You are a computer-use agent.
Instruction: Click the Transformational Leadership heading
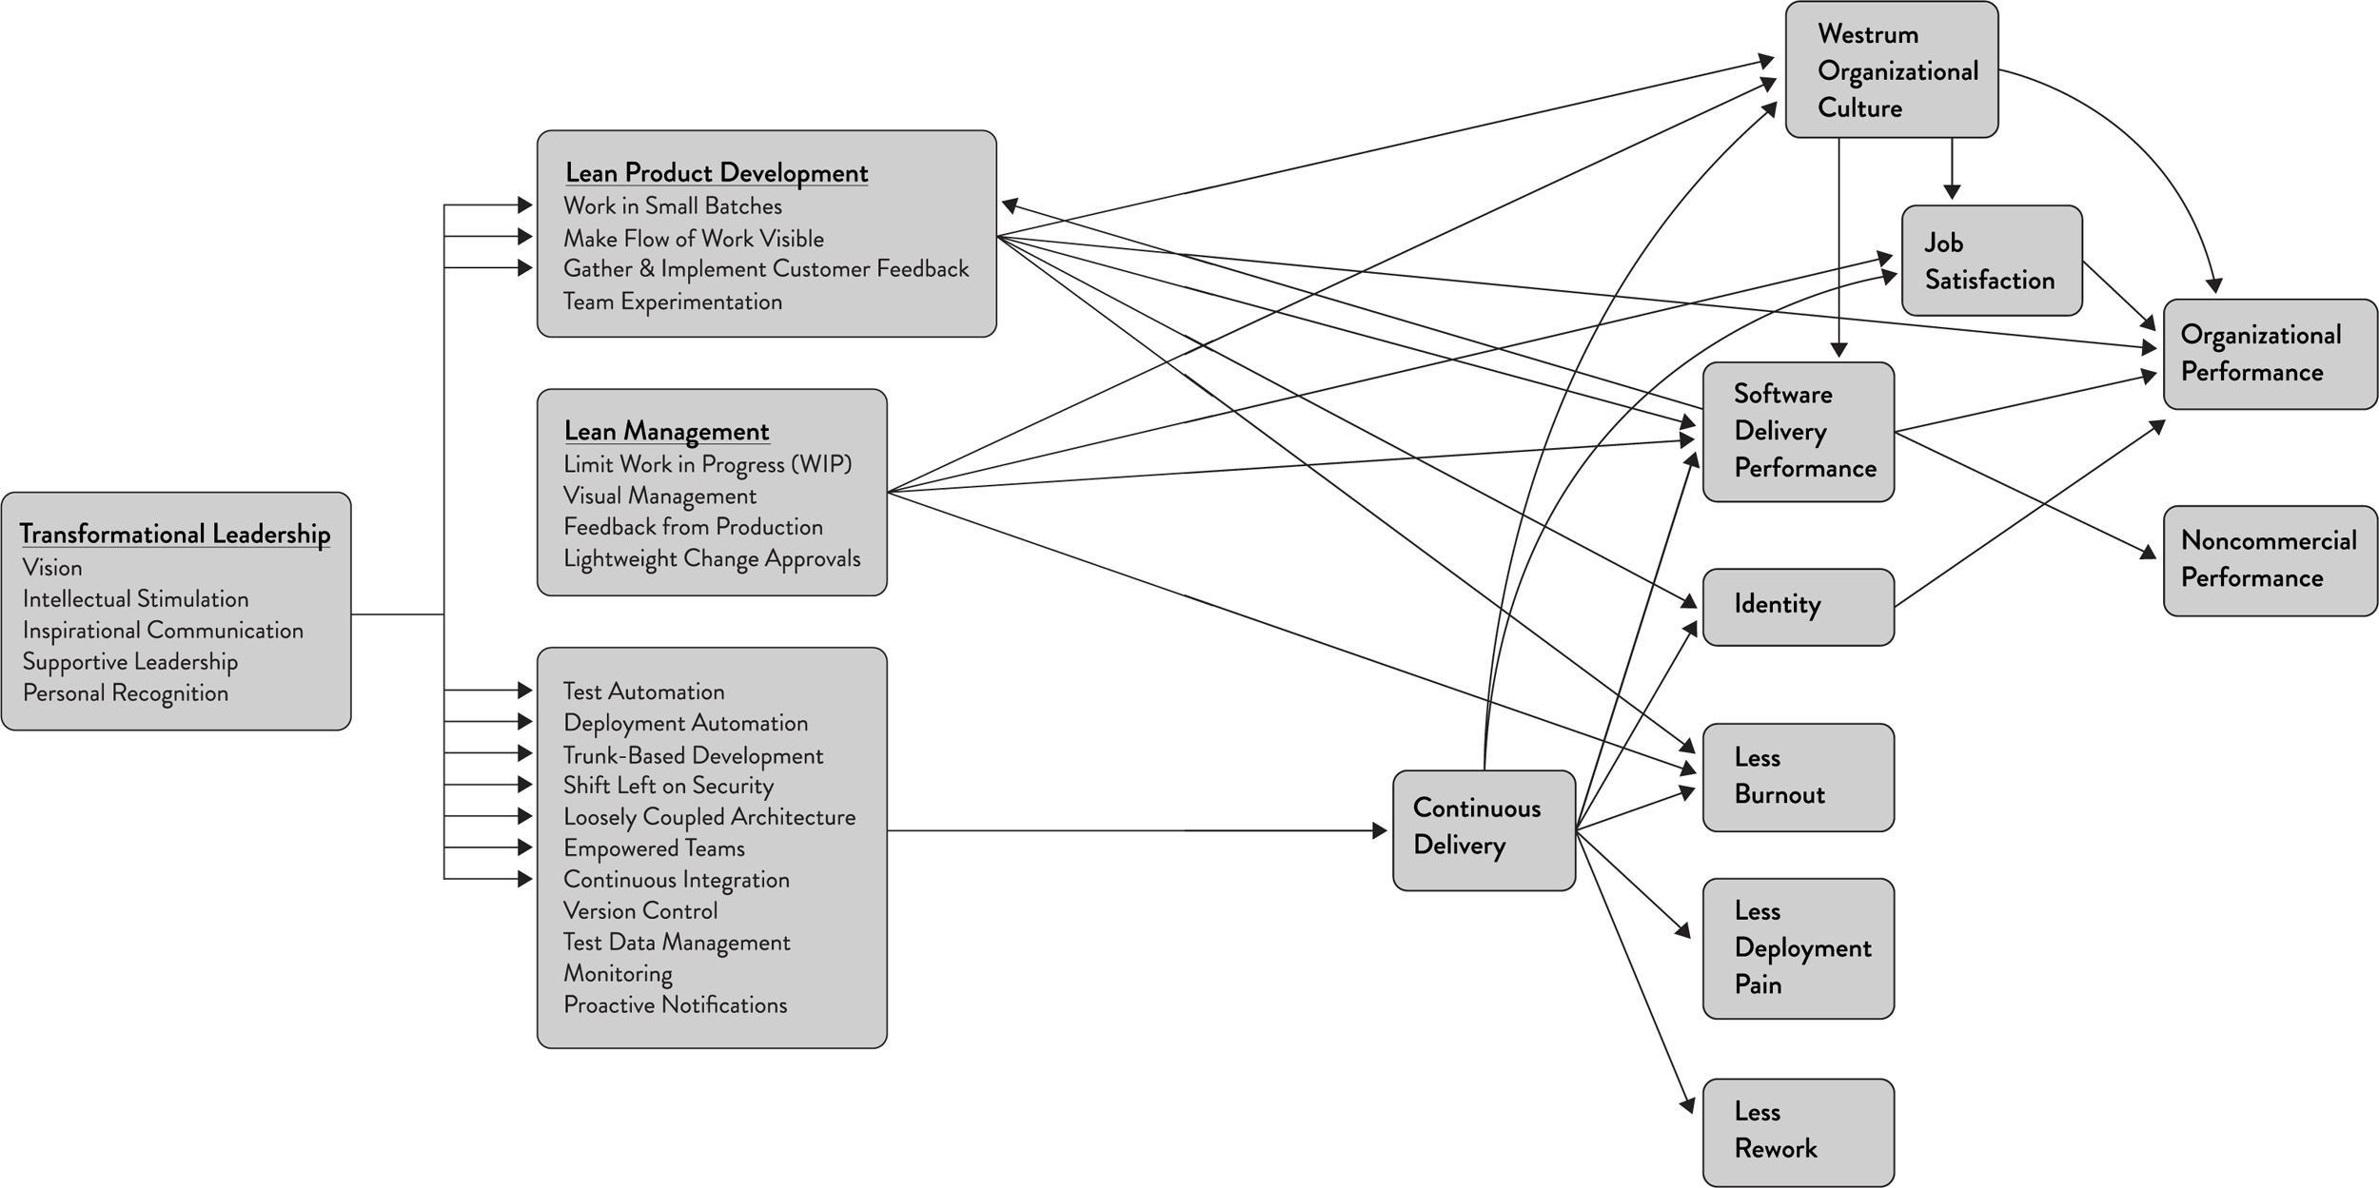pos(175,534)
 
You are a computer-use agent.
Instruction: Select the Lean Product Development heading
pos(717,173)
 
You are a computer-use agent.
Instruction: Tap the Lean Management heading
pos(666,431)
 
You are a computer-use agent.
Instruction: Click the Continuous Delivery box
pos(1484,829)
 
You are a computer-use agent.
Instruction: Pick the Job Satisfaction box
pos(1991,261)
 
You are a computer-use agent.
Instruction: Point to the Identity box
pos(1798,606)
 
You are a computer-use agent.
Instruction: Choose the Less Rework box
pos(1798,1131)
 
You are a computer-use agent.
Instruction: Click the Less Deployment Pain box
pos(1798,947)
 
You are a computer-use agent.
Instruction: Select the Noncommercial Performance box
pos(2270,560)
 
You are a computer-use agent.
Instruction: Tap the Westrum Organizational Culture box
pos(1891,70)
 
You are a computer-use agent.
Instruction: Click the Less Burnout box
pos(1798,776)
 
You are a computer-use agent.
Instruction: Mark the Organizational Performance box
pos(2270,354)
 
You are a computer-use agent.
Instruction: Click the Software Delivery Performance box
pos(1798,431)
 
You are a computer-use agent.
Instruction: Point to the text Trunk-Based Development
pos(693,755)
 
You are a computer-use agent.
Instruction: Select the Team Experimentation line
pos(673,302)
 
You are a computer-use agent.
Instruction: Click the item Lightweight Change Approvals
pos(712,558)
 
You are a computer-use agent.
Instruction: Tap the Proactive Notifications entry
pos(676,1004)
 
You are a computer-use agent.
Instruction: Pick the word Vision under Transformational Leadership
pos(52,568)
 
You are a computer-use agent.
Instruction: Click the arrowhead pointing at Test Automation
pos(524,690)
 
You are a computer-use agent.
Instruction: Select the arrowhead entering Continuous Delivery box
pos(1380,830)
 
